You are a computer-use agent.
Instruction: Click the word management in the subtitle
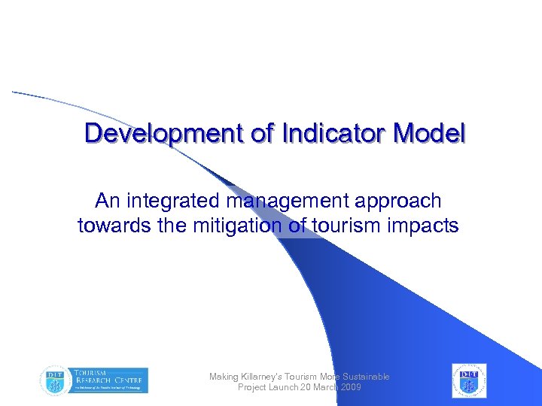tap(283, 201)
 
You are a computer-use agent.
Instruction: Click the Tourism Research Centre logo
tap(95, 380)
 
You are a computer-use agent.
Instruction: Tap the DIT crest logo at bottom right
tap(469, 380)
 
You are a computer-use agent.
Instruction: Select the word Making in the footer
tap(224, 377)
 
